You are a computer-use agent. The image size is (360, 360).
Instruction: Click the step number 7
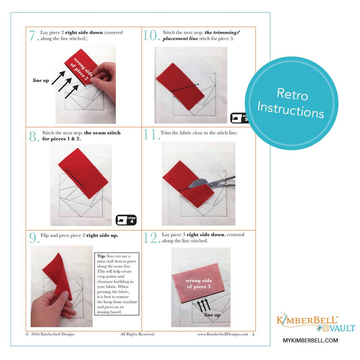pyautogui.click(x=33, y=35)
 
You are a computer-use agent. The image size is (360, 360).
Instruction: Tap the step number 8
pyautogui.click(x=33, y=136)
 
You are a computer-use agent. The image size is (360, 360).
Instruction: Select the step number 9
pyautogui.click(x=33, y=236)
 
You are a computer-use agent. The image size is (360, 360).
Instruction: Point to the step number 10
pyautogui.click(x=150, y=35)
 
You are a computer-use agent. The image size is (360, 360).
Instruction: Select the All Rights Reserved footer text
pyautogui.click(x=137, y=334)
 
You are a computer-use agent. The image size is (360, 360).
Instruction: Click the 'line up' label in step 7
pyautogui.click(x=40, y=80)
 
